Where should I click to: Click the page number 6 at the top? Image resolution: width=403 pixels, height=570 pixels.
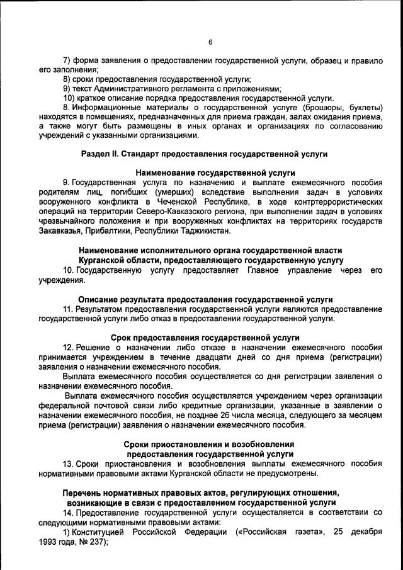tap(210, 42)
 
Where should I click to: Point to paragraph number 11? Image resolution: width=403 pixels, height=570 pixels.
tap(68, 309)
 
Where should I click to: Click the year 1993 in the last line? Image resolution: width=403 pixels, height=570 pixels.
tap(50, 542)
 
